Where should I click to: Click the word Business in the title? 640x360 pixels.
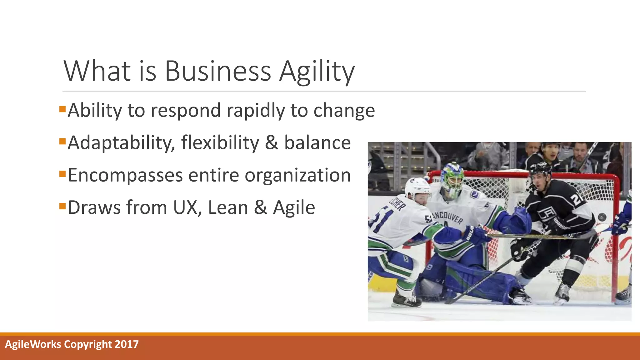(x=218, y=71)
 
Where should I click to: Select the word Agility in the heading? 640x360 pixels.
(x=317, y=72)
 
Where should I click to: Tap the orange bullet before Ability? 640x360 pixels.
(x=62, y=109)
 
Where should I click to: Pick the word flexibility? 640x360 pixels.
(x=220, y=143)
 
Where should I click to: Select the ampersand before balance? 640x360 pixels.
(x=272, y=143)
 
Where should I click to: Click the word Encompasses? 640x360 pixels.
(x=125, y=176)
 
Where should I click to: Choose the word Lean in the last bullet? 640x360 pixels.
(x=228, y=207)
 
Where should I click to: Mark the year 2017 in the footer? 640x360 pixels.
(x=127, y=344)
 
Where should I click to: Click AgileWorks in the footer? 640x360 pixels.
(x=33, y=344)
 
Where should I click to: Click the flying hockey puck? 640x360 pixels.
(x=602, y=217)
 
